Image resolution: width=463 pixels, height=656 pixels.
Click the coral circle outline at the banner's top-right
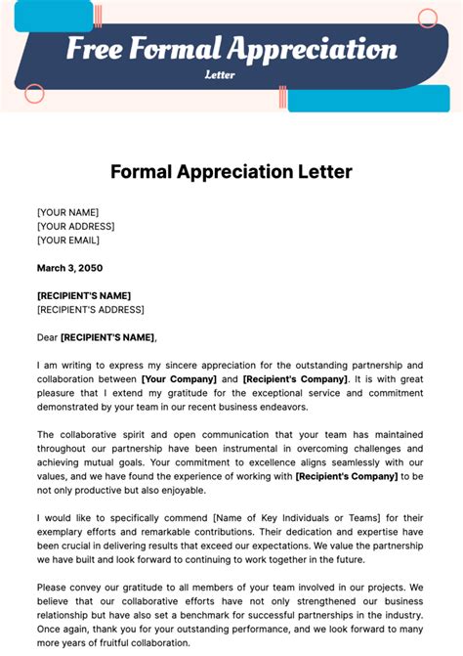428,19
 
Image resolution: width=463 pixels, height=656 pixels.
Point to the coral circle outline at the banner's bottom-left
34,94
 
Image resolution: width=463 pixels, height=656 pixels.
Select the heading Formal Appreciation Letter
231,172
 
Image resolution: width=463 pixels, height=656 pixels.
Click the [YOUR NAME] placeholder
67,212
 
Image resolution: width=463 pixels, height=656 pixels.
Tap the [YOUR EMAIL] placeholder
68,240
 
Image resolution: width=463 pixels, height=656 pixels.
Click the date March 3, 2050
69,268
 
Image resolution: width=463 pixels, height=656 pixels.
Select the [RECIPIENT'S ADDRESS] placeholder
91,310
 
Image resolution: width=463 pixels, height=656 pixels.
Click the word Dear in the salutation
48,337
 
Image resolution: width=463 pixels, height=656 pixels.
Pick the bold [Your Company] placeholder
177,378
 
